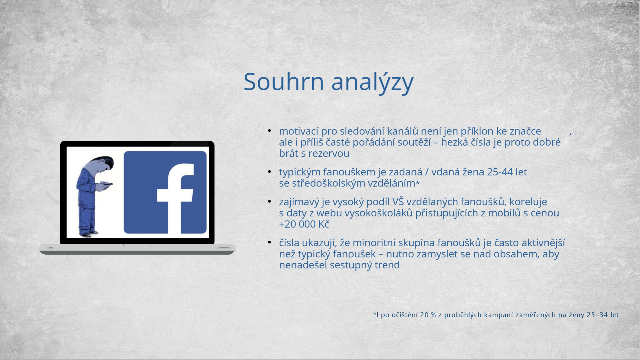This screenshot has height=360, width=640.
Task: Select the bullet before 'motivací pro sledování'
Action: pos(269,131)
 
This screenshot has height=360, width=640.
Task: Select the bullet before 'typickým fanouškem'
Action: pos(269,172)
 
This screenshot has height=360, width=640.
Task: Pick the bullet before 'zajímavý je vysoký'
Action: pos(269,201)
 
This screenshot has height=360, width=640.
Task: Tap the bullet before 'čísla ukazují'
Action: pos(269,242)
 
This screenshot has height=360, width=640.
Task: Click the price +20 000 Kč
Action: pos(304,224)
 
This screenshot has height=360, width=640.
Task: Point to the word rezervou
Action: pos(329,153)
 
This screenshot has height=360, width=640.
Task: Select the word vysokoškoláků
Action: pos(378,213)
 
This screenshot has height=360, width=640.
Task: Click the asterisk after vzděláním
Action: pos(417,183)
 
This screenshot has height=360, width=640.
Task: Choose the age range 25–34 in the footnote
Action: pos(597,315)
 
